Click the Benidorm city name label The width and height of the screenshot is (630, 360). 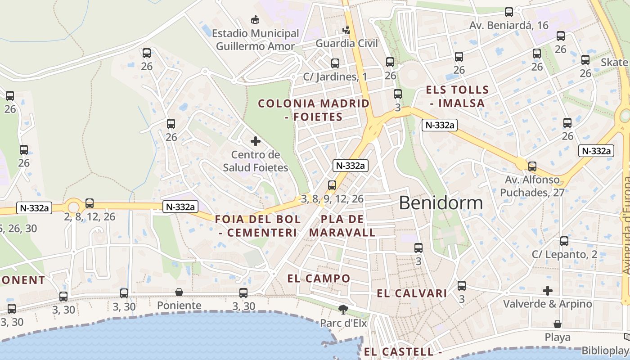tap(441, 203)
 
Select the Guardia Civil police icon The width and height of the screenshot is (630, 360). tap(346, 30)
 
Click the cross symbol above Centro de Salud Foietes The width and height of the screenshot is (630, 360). tap(255, 141)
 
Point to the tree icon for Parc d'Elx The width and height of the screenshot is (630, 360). tap(343, 309)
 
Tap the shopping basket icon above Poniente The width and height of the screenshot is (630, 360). tap(179, 292)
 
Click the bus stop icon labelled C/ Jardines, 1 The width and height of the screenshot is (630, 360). tap(335, 63)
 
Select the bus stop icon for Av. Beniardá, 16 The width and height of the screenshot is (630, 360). tap(509, 12)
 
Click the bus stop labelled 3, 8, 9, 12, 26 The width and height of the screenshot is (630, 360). tap(332, 185)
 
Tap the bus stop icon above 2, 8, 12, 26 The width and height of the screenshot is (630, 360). tap(90, 203)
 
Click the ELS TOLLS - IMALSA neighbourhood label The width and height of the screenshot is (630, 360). tap(457, 96)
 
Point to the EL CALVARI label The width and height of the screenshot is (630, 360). tap(412, 294)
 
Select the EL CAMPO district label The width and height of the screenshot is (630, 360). tap(319, 279)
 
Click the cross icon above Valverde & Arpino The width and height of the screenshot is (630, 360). tap(547, 291)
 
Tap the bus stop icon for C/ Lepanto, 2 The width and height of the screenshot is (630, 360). tap(564, 241)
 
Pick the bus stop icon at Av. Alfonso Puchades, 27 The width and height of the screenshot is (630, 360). tap(532, 166)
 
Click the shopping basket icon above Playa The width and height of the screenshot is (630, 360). tap(558, 324)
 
